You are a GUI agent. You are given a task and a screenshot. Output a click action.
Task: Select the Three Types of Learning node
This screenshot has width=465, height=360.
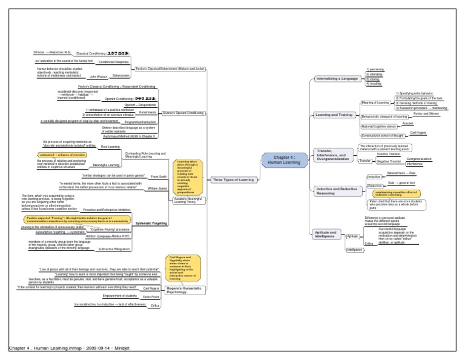point(233,180)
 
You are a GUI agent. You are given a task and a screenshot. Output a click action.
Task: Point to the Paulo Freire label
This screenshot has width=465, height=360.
point(151,297)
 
